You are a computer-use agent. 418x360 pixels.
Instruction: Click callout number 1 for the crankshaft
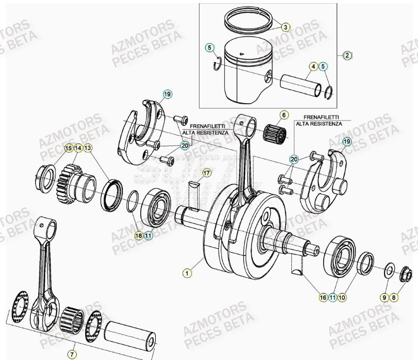pos(187,274)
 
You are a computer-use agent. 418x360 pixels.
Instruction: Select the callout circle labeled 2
pos(347,55)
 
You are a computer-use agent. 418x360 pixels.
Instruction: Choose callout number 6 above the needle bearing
pos(284,115)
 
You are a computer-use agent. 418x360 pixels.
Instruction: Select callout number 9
pos(384,297)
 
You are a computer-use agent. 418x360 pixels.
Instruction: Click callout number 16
pos(323,297)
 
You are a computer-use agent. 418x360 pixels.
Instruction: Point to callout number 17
pos(205,173)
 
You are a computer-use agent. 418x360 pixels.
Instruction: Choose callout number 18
pos(139,235)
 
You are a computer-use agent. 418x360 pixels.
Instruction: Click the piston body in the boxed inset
pos(243,76)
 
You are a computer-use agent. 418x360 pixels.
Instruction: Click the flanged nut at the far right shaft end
pos(405,276)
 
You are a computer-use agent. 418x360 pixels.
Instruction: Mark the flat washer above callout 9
pos(388,270)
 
